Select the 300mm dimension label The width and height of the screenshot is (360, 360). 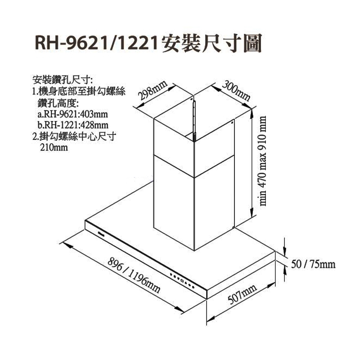point(236,90)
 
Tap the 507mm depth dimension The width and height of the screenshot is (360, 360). point(242,294)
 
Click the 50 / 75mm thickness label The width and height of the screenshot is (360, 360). point(313,264)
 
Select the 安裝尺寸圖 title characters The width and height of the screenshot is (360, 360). point(211,43)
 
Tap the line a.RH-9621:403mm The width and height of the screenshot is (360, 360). point(72,114)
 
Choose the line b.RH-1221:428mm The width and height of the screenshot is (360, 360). point(73,125)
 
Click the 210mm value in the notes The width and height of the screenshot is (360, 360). point(54,147)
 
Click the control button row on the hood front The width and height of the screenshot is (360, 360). point(183,281)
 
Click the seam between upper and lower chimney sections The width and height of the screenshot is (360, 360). point(194,166)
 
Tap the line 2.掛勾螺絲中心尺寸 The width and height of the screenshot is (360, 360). point(74,137)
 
